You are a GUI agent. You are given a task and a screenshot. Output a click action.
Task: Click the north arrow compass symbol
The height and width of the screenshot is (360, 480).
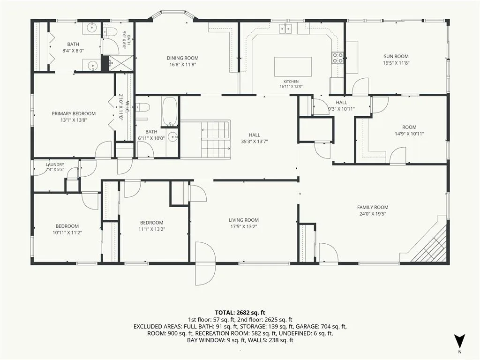(x=459, y=342)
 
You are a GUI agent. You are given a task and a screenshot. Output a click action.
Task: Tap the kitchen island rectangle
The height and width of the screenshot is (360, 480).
(x=293, y=67)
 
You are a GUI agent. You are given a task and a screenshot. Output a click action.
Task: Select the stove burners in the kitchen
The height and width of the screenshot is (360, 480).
(x=338, y=58)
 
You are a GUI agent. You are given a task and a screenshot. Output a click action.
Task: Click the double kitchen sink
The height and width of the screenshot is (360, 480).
(x=285, y=29)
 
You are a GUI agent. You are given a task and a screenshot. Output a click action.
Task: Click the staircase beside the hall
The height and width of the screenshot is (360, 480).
(x=216, y=139)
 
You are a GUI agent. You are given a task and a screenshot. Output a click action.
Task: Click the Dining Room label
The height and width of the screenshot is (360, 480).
(x=182, y=58)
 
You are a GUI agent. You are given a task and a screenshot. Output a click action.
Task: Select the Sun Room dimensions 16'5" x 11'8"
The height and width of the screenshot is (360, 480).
(x=396, y=63)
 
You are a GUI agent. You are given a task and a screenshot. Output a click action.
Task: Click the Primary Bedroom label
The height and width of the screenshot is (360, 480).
(x=74, y=113)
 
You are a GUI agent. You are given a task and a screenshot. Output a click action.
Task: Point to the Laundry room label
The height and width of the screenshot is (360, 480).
(x=55, y=165)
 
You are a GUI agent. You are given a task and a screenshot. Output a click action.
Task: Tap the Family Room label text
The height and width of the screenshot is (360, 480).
(x=373, y=207)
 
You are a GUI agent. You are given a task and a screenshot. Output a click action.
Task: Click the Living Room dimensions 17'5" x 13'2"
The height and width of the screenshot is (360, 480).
(x=244, y=226)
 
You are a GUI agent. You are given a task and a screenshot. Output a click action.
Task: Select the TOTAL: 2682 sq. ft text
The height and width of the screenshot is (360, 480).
(x=240, y=313)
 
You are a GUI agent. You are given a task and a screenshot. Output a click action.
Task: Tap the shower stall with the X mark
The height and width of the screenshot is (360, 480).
(x=121, y=64)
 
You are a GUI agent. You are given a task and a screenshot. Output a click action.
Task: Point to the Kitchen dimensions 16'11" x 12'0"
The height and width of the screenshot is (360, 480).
(x=291, y=87)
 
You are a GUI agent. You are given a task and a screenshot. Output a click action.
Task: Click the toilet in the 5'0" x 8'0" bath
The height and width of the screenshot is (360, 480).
(x=110, y=31)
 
